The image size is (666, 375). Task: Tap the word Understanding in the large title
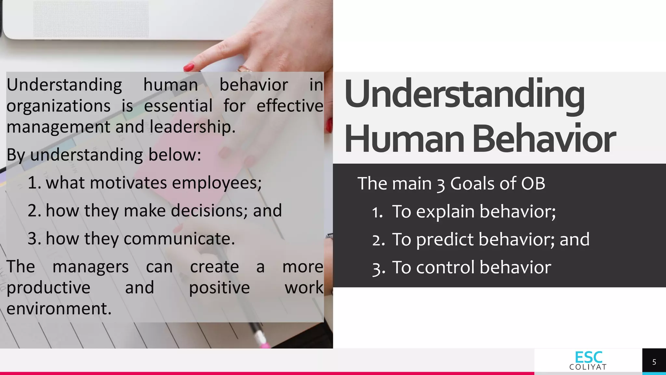pos(464,94)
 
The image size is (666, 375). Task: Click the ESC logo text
pos(588,357)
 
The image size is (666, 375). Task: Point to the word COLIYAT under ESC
pos(588,367)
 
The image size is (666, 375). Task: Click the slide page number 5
pos(654,362)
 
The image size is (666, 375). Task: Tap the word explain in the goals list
pos(445,212)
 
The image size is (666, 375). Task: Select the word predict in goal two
pos(445,240)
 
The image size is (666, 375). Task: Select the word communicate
pos(179,239)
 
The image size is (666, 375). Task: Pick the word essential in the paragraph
pos(178,106)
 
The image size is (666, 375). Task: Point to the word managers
pos(90,267)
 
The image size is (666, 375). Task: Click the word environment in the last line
pos(59,308)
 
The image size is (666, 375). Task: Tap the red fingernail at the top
pos(189,67)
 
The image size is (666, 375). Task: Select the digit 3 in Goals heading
pos(441,184)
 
